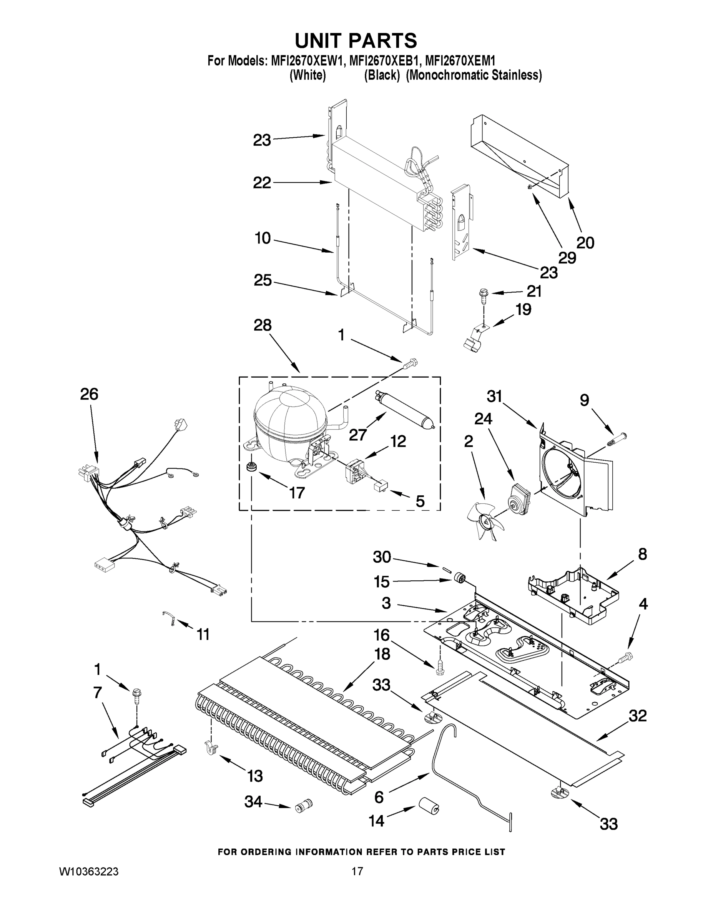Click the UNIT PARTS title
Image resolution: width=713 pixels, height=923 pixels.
pos(356,41)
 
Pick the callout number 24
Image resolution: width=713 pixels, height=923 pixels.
pos(483,419)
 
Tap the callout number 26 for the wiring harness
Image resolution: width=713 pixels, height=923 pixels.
pos(89,394)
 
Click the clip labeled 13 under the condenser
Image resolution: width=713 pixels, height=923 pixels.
pos(211,747)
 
